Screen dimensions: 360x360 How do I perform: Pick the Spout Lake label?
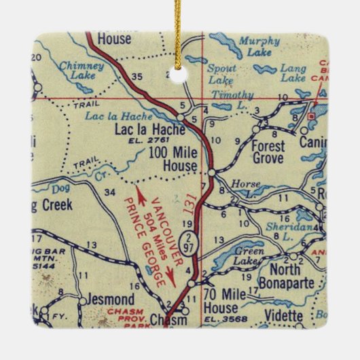pyautogui.click(x=221, y=75)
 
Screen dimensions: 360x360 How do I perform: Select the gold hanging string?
pyautogui.click(x=179, y=34)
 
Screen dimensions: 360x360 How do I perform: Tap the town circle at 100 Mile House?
pyautogui.click(x=212, y=173)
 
